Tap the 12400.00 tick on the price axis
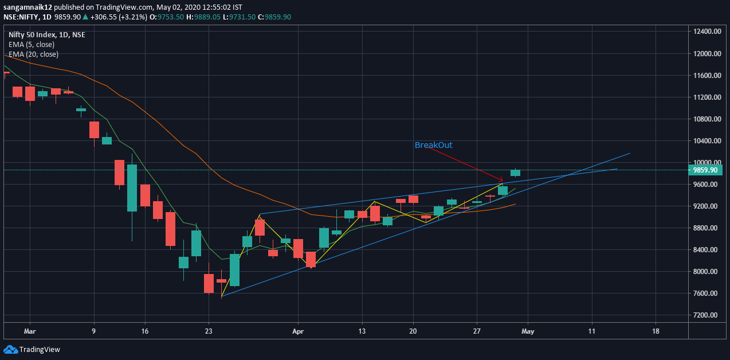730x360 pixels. [706, 32]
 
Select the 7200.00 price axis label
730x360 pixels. [706, 315]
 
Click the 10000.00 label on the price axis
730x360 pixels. [706, 162]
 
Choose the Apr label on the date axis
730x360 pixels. [297, 331]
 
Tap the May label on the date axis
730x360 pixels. [528, 331]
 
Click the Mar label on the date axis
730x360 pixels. [30, 331]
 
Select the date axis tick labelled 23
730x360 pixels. [209, 331]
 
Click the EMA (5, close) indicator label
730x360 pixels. [32, 44]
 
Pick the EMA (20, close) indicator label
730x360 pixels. [33, 54]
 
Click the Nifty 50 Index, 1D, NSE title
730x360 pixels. [47, 34]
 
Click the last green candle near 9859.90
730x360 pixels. [515, 173]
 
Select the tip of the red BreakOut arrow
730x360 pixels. [503, 181]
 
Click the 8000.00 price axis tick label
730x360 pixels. [706, 272]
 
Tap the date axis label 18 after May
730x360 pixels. [656, 331]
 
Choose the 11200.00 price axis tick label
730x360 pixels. [706, 97]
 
